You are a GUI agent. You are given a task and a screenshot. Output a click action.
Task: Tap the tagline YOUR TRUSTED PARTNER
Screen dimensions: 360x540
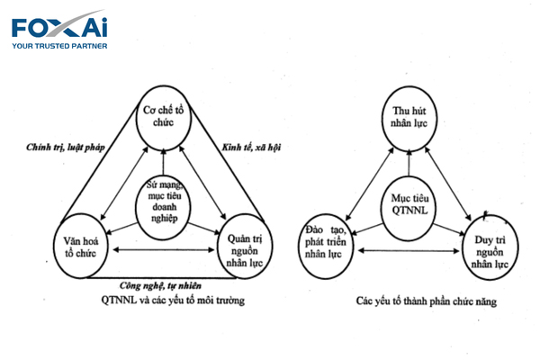(x=58, y=45)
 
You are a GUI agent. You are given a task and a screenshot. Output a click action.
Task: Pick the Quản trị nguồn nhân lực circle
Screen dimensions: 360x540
(x=243, y=245)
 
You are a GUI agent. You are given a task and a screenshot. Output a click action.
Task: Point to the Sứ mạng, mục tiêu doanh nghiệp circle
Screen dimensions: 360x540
(x=164, y=199)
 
